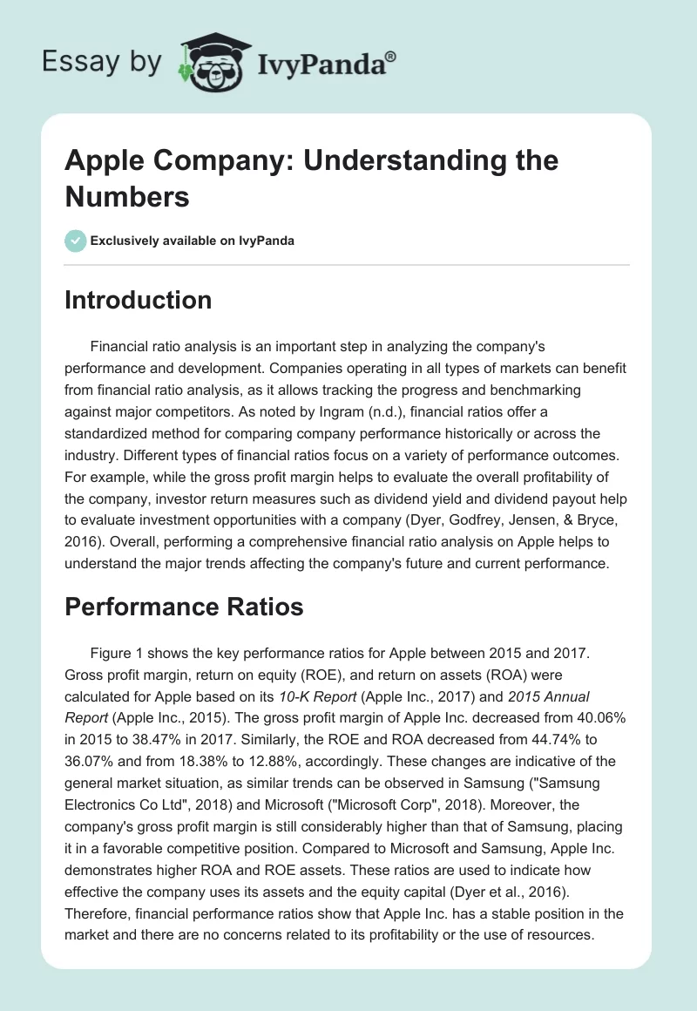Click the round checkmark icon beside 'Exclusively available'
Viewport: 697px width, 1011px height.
[76, 241]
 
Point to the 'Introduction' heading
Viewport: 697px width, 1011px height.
[139, 300]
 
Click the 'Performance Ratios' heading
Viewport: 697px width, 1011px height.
[184, 607]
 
